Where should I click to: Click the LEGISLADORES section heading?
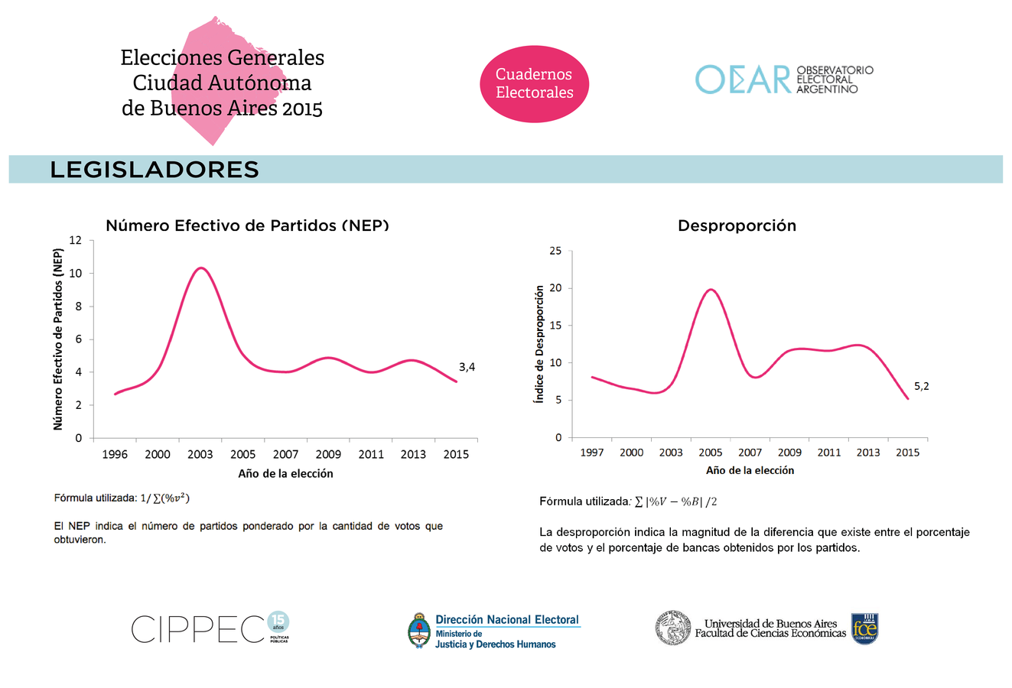155,170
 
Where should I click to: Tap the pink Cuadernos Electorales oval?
534,83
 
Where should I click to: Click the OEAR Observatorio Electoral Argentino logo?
784,80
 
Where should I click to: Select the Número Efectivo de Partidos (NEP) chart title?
247,226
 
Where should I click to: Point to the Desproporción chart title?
737,226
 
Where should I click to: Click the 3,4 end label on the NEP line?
467,367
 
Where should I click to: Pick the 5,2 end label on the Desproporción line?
921,386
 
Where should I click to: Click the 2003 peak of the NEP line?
200,268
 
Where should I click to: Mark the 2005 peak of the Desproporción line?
711,290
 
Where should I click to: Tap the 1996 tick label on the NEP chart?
115,454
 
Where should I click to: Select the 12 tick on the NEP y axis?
75,240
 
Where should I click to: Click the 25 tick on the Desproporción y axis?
555,251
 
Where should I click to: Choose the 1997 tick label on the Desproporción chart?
592,453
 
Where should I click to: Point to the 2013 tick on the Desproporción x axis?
868,453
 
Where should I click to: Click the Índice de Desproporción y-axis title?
539,344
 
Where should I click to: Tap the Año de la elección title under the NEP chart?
285,473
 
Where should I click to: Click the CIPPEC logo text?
198,629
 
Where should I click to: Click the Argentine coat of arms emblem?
418,631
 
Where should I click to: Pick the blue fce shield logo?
864,628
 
